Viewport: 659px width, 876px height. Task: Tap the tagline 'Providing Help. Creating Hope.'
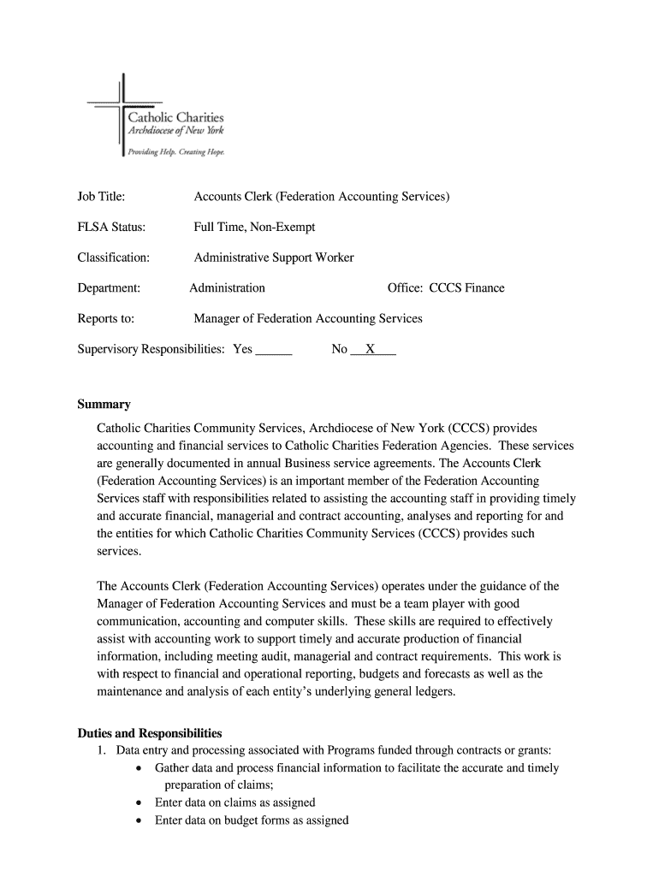[175, 151]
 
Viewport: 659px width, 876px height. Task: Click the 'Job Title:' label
[102, 197]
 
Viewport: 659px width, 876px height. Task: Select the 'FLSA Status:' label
[111, 227]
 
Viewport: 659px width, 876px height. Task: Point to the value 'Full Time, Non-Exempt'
[254, 227]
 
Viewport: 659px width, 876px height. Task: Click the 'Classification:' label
[114, 257]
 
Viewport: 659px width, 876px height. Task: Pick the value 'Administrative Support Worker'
[273, 257]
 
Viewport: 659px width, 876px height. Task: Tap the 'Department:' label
[109, 287]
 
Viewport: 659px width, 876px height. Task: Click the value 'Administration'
[227, 287]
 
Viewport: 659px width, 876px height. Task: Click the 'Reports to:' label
[106, 318]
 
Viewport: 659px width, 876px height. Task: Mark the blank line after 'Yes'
[274, 351]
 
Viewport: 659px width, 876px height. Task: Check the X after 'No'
[371, 349]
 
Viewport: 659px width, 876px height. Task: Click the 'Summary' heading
[104, 404]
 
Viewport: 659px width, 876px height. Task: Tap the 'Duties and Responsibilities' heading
[150, 733]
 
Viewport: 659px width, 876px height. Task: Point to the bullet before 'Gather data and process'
[140, 768]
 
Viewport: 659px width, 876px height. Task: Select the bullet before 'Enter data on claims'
[140, 803]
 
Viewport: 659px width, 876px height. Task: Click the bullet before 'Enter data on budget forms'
[140, 820]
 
